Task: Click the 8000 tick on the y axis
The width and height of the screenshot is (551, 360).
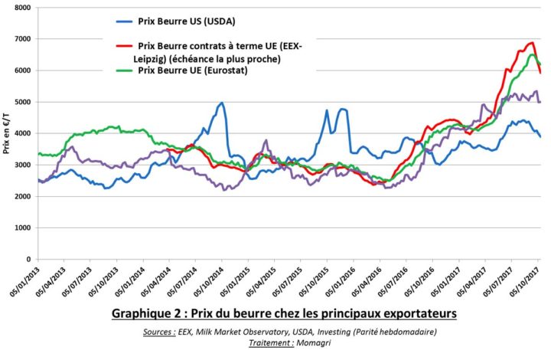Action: coord(21,7)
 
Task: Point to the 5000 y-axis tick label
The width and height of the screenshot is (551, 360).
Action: coord(21,102)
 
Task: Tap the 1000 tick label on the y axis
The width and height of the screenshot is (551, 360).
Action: coord(21,228)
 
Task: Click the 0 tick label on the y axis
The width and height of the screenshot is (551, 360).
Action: coord(28,260)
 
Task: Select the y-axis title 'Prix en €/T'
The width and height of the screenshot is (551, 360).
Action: coord(6,133)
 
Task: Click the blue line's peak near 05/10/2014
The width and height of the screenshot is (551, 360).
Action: coord(222,103)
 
